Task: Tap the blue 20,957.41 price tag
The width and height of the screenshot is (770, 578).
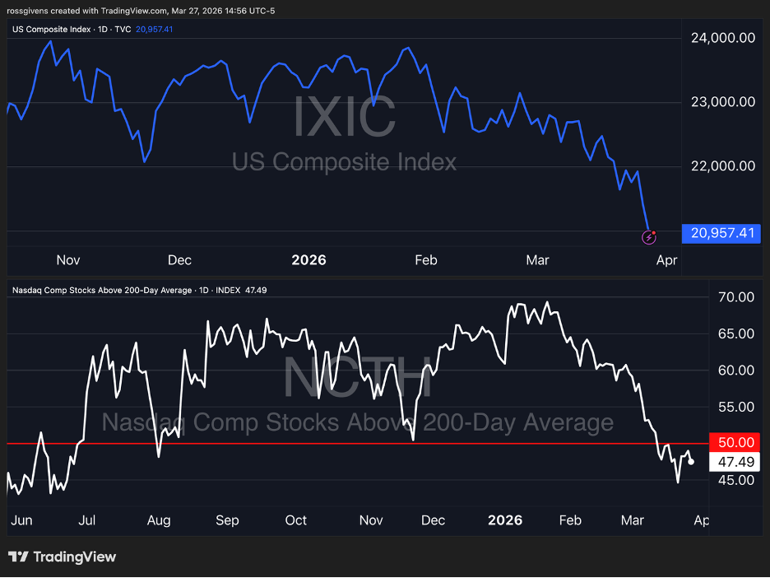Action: click(719, 233)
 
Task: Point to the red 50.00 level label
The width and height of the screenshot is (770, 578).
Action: click(736, 443)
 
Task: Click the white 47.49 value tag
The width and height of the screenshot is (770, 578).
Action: click(736, 462)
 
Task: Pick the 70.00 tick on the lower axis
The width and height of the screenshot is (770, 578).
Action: click(736, 297)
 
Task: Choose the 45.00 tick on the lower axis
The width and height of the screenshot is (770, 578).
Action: click(736, 480)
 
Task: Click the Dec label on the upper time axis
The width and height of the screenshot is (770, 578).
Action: click(179, 260)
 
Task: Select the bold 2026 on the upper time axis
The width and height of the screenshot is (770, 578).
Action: click(309, 260)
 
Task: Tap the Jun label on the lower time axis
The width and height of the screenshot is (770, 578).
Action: click(22, 520)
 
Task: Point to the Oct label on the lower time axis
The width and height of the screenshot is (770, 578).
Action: click(295, 520)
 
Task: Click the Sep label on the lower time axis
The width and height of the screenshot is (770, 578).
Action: click(227, 520)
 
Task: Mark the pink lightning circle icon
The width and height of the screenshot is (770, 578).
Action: click(648, 238)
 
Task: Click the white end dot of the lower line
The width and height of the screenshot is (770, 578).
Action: click(691, 462)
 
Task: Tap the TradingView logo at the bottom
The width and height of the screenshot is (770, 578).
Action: click(63, 557)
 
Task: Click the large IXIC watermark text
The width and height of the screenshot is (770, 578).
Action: click(345, 118)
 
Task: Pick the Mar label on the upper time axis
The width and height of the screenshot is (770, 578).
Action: click(537, 260)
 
